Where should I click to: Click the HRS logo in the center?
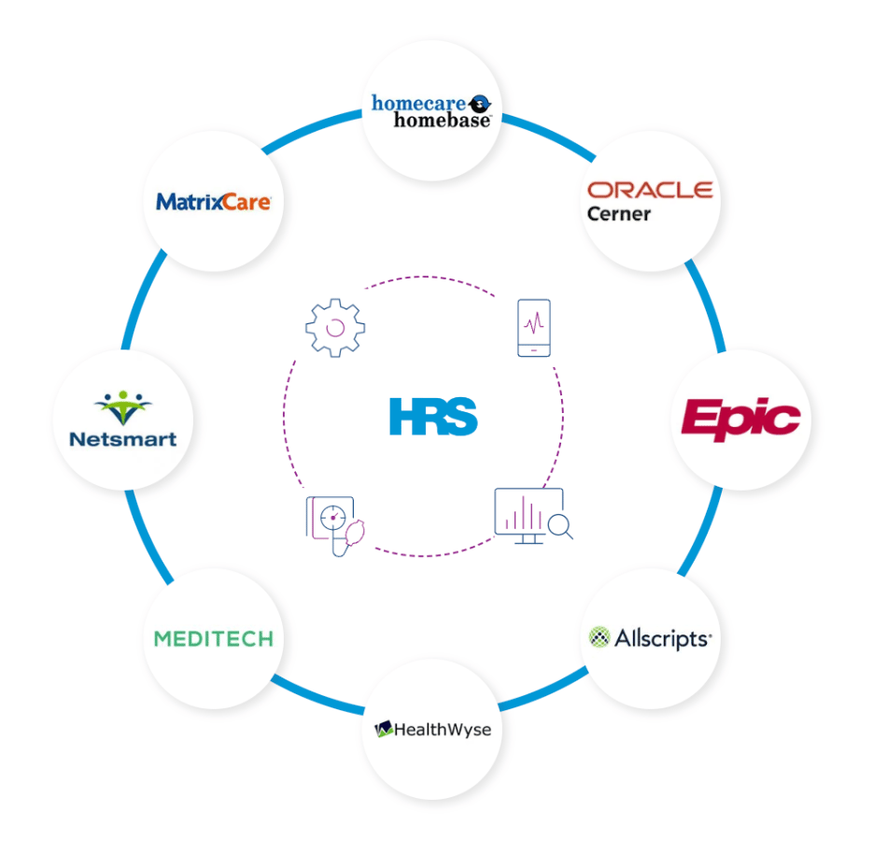(433, 417)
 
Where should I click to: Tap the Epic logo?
(741, 420)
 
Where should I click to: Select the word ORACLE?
(650, 190)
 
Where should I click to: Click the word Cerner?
(618, 214)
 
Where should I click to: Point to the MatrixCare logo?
(213, 202)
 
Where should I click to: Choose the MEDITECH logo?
(214, 638)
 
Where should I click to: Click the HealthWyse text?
(443, 730)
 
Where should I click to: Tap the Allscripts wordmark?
(663, 638)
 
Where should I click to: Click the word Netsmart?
(123, 439)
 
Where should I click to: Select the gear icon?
(335, 328)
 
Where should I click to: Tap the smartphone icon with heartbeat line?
(534, 328)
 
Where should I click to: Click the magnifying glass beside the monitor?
(560, 527)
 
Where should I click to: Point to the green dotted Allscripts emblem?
(599, 637)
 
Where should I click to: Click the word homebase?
(442, 121)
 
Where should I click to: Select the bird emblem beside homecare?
(479, 103)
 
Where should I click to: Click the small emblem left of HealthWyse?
(384, 729)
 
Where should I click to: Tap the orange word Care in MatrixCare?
(246, 202)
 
